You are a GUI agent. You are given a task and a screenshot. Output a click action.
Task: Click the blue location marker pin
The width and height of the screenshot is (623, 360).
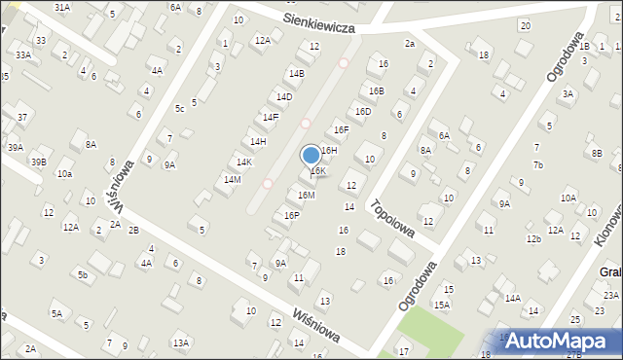point(311,156)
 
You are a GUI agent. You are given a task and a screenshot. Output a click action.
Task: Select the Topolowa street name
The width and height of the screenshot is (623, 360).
point(392,219)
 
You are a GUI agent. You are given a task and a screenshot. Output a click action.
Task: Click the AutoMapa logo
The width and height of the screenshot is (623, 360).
point(565,341)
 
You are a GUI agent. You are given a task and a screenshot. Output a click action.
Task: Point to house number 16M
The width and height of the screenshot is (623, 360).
point(306,195)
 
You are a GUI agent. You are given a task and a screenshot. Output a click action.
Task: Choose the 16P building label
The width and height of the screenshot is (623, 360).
point(291,215)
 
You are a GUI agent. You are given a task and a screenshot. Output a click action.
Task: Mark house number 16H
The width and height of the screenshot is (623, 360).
point(329,150)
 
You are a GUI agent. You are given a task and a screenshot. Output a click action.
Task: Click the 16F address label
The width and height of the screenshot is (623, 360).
point(341,129)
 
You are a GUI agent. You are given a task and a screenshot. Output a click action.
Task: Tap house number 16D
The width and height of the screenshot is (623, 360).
point(363,111)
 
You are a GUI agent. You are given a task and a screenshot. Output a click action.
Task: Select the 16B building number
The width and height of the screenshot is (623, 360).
point(376,90)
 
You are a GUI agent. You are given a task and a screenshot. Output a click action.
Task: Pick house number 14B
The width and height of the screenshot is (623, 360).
point(296,73)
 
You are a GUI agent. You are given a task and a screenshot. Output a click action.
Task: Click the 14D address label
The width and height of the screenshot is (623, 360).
point(283,96)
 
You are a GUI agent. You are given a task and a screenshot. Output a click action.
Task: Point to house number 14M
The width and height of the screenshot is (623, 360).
point(232,179)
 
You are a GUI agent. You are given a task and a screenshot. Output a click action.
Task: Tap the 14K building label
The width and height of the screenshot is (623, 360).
point(244,162)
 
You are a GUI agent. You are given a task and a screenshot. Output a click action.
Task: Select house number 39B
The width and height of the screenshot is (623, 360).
point(39,162)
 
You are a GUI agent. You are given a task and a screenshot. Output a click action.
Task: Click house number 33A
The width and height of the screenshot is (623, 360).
point(22,55)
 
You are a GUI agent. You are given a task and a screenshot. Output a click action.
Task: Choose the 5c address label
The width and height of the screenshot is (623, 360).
point(179,108)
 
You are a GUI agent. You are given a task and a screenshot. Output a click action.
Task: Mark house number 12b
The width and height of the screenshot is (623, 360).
point(533,238)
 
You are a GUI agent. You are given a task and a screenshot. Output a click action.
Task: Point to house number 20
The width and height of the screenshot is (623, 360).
point(526,25)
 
